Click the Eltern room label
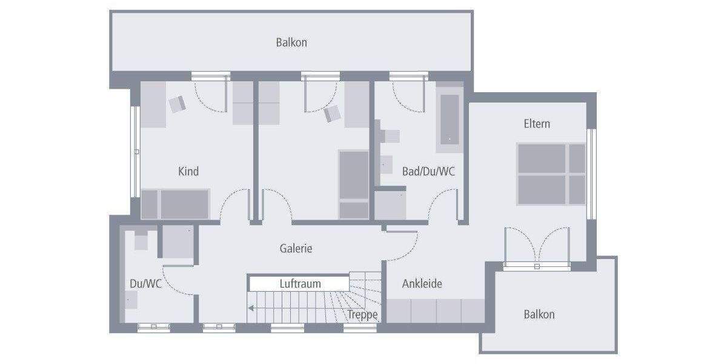pos(537,124)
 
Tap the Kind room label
pos(188,172)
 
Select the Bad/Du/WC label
pos(428,172)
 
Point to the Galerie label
pos(296,248)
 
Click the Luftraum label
pos(300,283)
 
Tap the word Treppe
pos(362,315)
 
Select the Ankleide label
pos(422,283)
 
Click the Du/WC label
pos(145,283)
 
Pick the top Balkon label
pos(291,42)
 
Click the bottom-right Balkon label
pos(539,314)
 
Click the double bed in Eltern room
pos(551,174)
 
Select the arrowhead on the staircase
pos(250,308)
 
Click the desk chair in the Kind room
pos(178,104)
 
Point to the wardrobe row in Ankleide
pos(436,311)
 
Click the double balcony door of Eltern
pos(537,246)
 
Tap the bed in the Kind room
pos(176,203)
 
